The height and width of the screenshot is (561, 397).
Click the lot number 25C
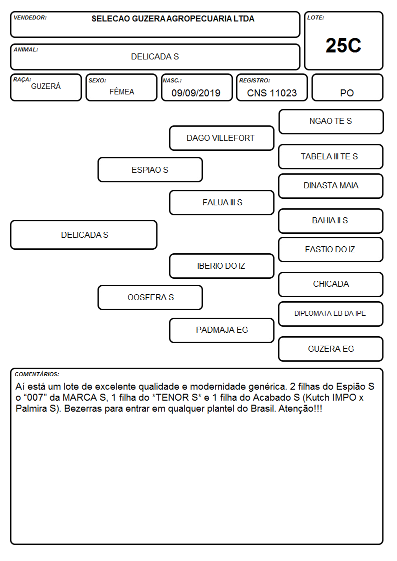click(343, 45)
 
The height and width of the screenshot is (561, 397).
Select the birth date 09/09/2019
click(196, 93)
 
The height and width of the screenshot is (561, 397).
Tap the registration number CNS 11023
click(271, 93)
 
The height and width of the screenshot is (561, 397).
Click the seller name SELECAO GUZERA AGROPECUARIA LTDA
click(173, 18)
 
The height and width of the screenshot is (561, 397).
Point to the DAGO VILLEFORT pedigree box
click(221, 138)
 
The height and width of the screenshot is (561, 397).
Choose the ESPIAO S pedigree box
click(150, 169)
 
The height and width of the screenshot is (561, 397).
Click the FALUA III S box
click(221, 202)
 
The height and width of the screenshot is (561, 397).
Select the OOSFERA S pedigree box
click(150, 297)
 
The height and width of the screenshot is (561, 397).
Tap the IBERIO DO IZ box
click(221, 266)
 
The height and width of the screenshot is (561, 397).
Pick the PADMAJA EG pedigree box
click(221, 330)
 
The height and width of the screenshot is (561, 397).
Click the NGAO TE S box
click(331, 122)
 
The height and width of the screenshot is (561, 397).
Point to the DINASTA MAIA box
click(331, 186)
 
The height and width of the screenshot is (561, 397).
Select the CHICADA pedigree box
click(331, 284)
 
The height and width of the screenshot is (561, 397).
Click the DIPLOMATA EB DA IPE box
click(331, 314)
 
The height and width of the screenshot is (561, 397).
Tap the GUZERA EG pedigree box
click(331, 349)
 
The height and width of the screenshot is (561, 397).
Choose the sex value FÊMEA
click(121, 92)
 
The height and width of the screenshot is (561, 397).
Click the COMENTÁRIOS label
click(37, 374)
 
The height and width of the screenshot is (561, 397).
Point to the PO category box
click(347, 87)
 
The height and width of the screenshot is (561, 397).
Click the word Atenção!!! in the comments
click(300, 409)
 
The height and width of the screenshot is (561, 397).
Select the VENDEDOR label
click(30, 17)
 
